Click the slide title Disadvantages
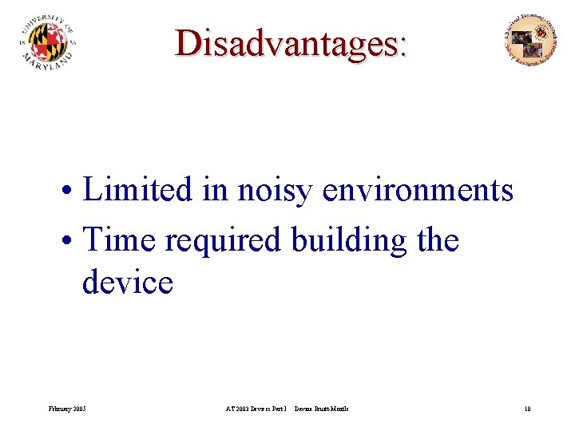pyautogui.click(x=291, y=43)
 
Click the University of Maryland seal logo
pyautogui.click(x=47, y=42)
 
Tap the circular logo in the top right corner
pyautogui.click(x=531, y=39)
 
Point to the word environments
pyautogui.click(x=418, y=190)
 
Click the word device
pyautogui.click(x=127, y=282)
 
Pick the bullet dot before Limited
pyautogui.click(x=71, y=192)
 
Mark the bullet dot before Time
pyautogui.click(x=71, y=240)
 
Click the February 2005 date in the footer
pyautogui.click(x=68, y=409)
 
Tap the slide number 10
pyautogui.click(x=527, y=409)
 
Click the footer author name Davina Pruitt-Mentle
pyautogui.click(x=321, y=409)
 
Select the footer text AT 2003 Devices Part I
pyautogui.click(x=256, y=409)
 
